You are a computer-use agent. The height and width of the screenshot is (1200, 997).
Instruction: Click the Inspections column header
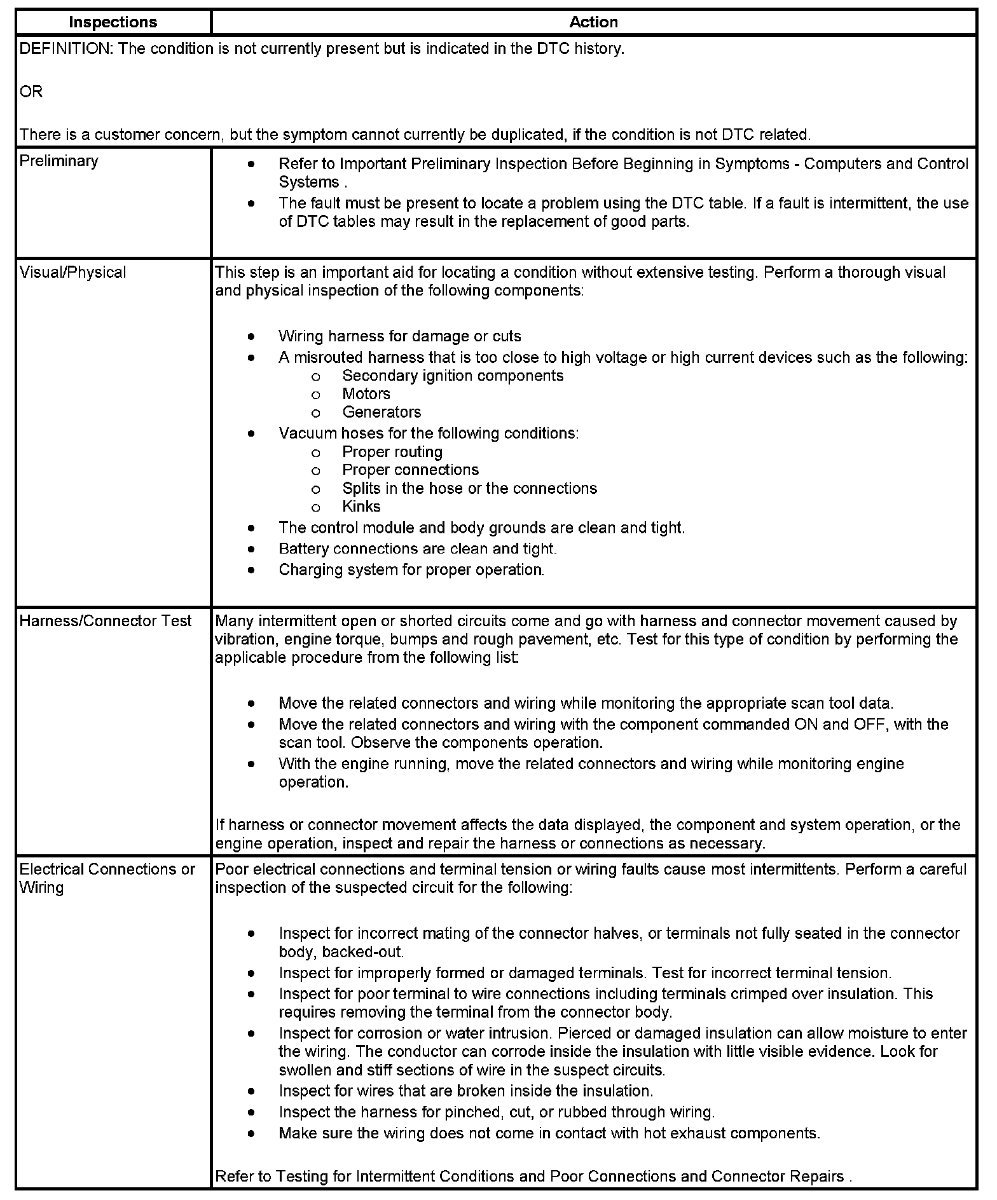point(113,22)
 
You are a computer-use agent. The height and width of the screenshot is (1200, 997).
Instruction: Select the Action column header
point(593,22)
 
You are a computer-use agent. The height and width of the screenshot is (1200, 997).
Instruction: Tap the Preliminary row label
point(59,161)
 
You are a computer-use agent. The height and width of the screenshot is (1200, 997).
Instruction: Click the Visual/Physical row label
point(73,272)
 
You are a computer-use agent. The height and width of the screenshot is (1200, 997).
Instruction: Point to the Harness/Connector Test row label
point(106,621)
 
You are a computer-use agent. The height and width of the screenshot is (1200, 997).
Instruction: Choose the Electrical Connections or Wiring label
point(107,878)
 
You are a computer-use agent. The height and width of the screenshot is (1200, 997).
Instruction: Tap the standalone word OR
point(31,92)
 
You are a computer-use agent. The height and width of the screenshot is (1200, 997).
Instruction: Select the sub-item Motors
point(366,394)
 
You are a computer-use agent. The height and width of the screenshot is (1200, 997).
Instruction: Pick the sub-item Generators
point(382,412)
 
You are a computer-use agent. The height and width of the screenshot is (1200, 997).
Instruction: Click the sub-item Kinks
point(361,507)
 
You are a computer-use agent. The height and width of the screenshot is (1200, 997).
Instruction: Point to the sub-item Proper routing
point(392,452)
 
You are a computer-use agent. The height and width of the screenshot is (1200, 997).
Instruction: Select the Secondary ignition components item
point(453,376)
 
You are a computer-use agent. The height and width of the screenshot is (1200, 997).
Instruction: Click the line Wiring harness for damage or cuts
point(399,336)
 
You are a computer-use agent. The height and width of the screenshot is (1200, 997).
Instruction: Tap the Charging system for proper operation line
point(411,569)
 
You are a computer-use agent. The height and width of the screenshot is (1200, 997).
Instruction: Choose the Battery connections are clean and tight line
point(417,549)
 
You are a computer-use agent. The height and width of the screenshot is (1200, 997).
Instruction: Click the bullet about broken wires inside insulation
point(465,1091)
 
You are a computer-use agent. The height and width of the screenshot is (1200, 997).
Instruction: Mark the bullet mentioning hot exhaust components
point(549,1133)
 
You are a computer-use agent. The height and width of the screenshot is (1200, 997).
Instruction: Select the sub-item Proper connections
point(410,470)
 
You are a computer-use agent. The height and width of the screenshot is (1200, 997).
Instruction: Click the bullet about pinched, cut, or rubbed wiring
point(497,1112)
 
